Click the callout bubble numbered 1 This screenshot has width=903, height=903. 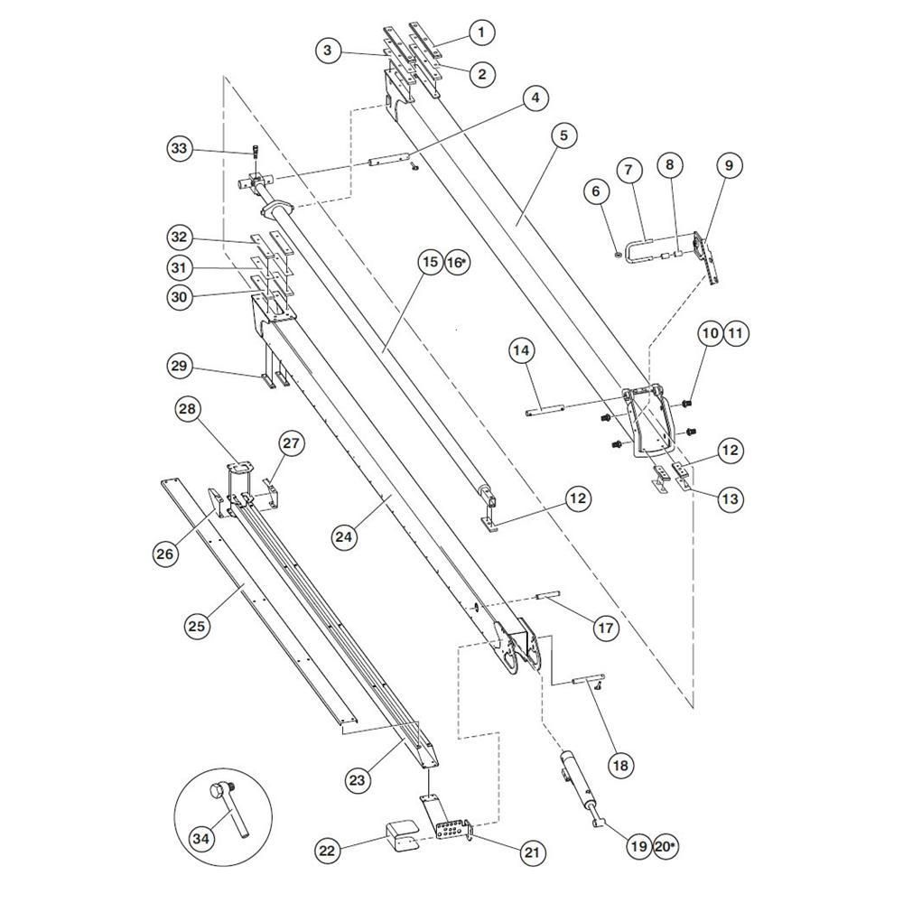tap(482, 33)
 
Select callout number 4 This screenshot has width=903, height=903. tap(535, 98)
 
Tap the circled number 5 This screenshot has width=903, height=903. tap(563, 135)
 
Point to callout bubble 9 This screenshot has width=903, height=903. tap(730, 165)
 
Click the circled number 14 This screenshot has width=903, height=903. tap(522, 350)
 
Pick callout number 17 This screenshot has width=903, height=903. tap(606, 627)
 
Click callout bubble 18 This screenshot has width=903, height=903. tap(620, 765)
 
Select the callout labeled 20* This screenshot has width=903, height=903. tap(665, 846)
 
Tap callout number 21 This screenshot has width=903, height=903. tap(532, 852)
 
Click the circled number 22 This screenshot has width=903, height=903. tap(327, 852)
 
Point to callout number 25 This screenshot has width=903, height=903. tap(197, 626)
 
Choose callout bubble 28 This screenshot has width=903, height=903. tap(188, 409)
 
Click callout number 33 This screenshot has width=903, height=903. tap(179, 148)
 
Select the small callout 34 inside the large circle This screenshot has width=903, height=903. tap(201, 839)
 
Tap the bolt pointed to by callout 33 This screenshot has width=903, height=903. tap(256, 152)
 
